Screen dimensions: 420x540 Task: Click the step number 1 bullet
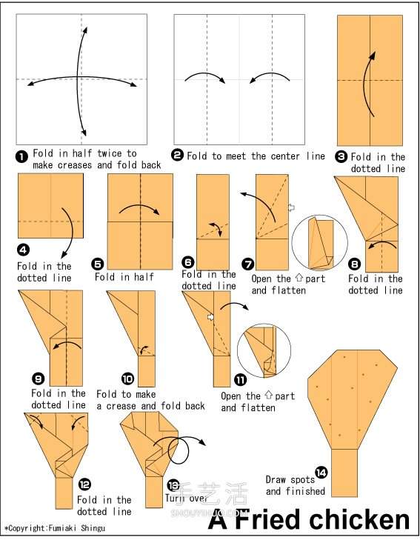click(21, 157)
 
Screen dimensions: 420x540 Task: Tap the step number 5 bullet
click(98, 264)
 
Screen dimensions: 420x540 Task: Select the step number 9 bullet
click(38, 379)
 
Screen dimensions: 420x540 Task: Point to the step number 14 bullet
click(321, 473)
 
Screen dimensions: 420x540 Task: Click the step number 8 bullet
click(354, 264)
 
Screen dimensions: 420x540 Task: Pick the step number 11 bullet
click(240, 380)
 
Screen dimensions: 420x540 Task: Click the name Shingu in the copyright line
click(93, 528)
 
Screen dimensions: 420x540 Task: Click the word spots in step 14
click(302, 480)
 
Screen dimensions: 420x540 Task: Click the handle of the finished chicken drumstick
click(344, 473)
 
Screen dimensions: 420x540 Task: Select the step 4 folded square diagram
click(50, 206)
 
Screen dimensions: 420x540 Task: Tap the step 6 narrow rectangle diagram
click(213, 222)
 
